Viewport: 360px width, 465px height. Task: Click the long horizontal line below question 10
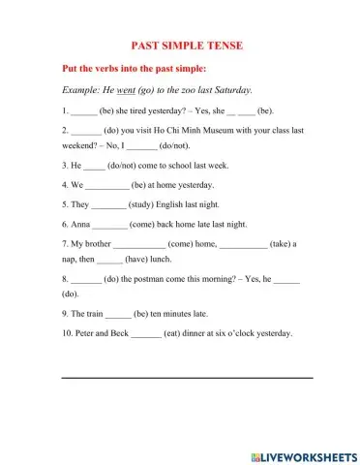[187, 377]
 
